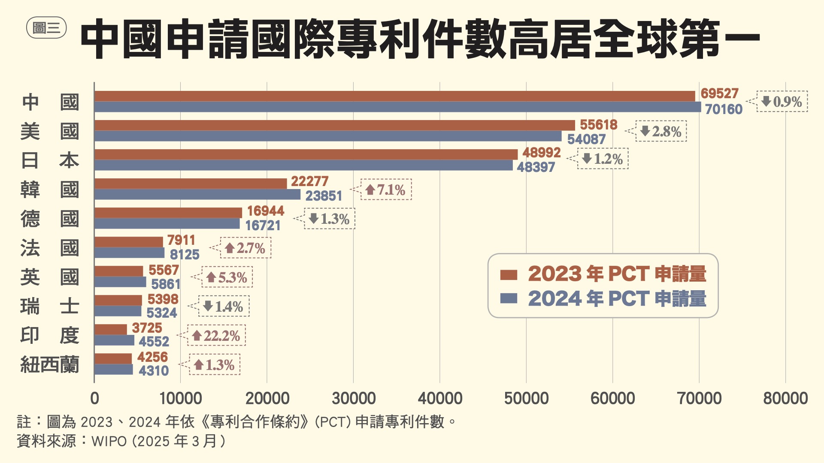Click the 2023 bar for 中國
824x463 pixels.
coord(394,96)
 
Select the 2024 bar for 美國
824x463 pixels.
coord(328,136)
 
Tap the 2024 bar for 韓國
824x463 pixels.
coord(197,195)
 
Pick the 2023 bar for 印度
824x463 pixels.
coord(111,329)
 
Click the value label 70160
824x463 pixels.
coord(724,109)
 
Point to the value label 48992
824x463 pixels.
coord(541,153)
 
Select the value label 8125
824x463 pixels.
coord(185,255)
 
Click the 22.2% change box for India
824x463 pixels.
coord(216,335)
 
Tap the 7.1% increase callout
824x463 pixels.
coord(386,189)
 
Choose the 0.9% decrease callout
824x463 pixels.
coord(782,102)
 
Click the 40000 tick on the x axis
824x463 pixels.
coord(440,398)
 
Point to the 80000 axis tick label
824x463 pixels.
coord(785,398)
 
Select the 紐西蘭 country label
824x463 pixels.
coord(50,365)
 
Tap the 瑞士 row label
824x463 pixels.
coord(50,307)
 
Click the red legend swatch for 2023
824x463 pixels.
coord(509,274)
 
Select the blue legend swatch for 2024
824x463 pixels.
coord(509,298)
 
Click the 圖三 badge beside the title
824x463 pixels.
coord(46,28)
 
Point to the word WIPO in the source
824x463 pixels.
coord(109,441)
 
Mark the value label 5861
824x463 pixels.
coord(166,284)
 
